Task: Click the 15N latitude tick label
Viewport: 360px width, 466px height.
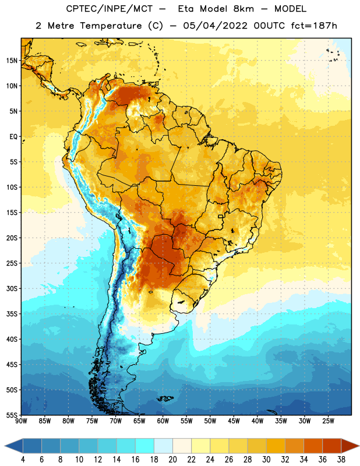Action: (x=12, y=61)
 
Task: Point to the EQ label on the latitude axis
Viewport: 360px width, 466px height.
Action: (x=13, y=137)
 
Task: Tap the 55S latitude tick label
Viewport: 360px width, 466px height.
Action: (x=12, y=415)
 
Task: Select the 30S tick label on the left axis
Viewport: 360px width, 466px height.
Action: (x=12, y=288)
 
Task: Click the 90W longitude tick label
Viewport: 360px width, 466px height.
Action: (x=21, y=421)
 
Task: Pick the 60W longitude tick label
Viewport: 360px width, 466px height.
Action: (x=163, y=421)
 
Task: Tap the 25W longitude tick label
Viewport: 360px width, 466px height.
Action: (x=328, y=421)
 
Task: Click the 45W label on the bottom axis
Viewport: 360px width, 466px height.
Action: (x=234, y=421)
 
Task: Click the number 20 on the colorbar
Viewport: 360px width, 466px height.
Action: (x=172, y=460)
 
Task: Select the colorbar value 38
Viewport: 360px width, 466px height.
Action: (x=341, y=460)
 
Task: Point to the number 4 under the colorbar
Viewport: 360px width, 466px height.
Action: (x=23, y=460)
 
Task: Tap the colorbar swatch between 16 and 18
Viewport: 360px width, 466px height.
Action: (x=145, y=446)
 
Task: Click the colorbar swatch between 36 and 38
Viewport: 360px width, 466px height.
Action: (x=332, y=446)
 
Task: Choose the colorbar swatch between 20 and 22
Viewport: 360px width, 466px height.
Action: (x=182, y=446)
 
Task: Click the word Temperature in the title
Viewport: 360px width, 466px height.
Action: (x=111, y=26)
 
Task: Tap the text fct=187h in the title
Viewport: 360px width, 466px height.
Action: (x=314, y=26)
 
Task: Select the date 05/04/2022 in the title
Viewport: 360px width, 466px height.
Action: (x=215, y=26)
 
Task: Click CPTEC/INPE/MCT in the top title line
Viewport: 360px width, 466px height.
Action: (x=109, y=9)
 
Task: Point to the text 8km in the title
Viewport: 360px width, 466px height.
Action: (x=243, y=9)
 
